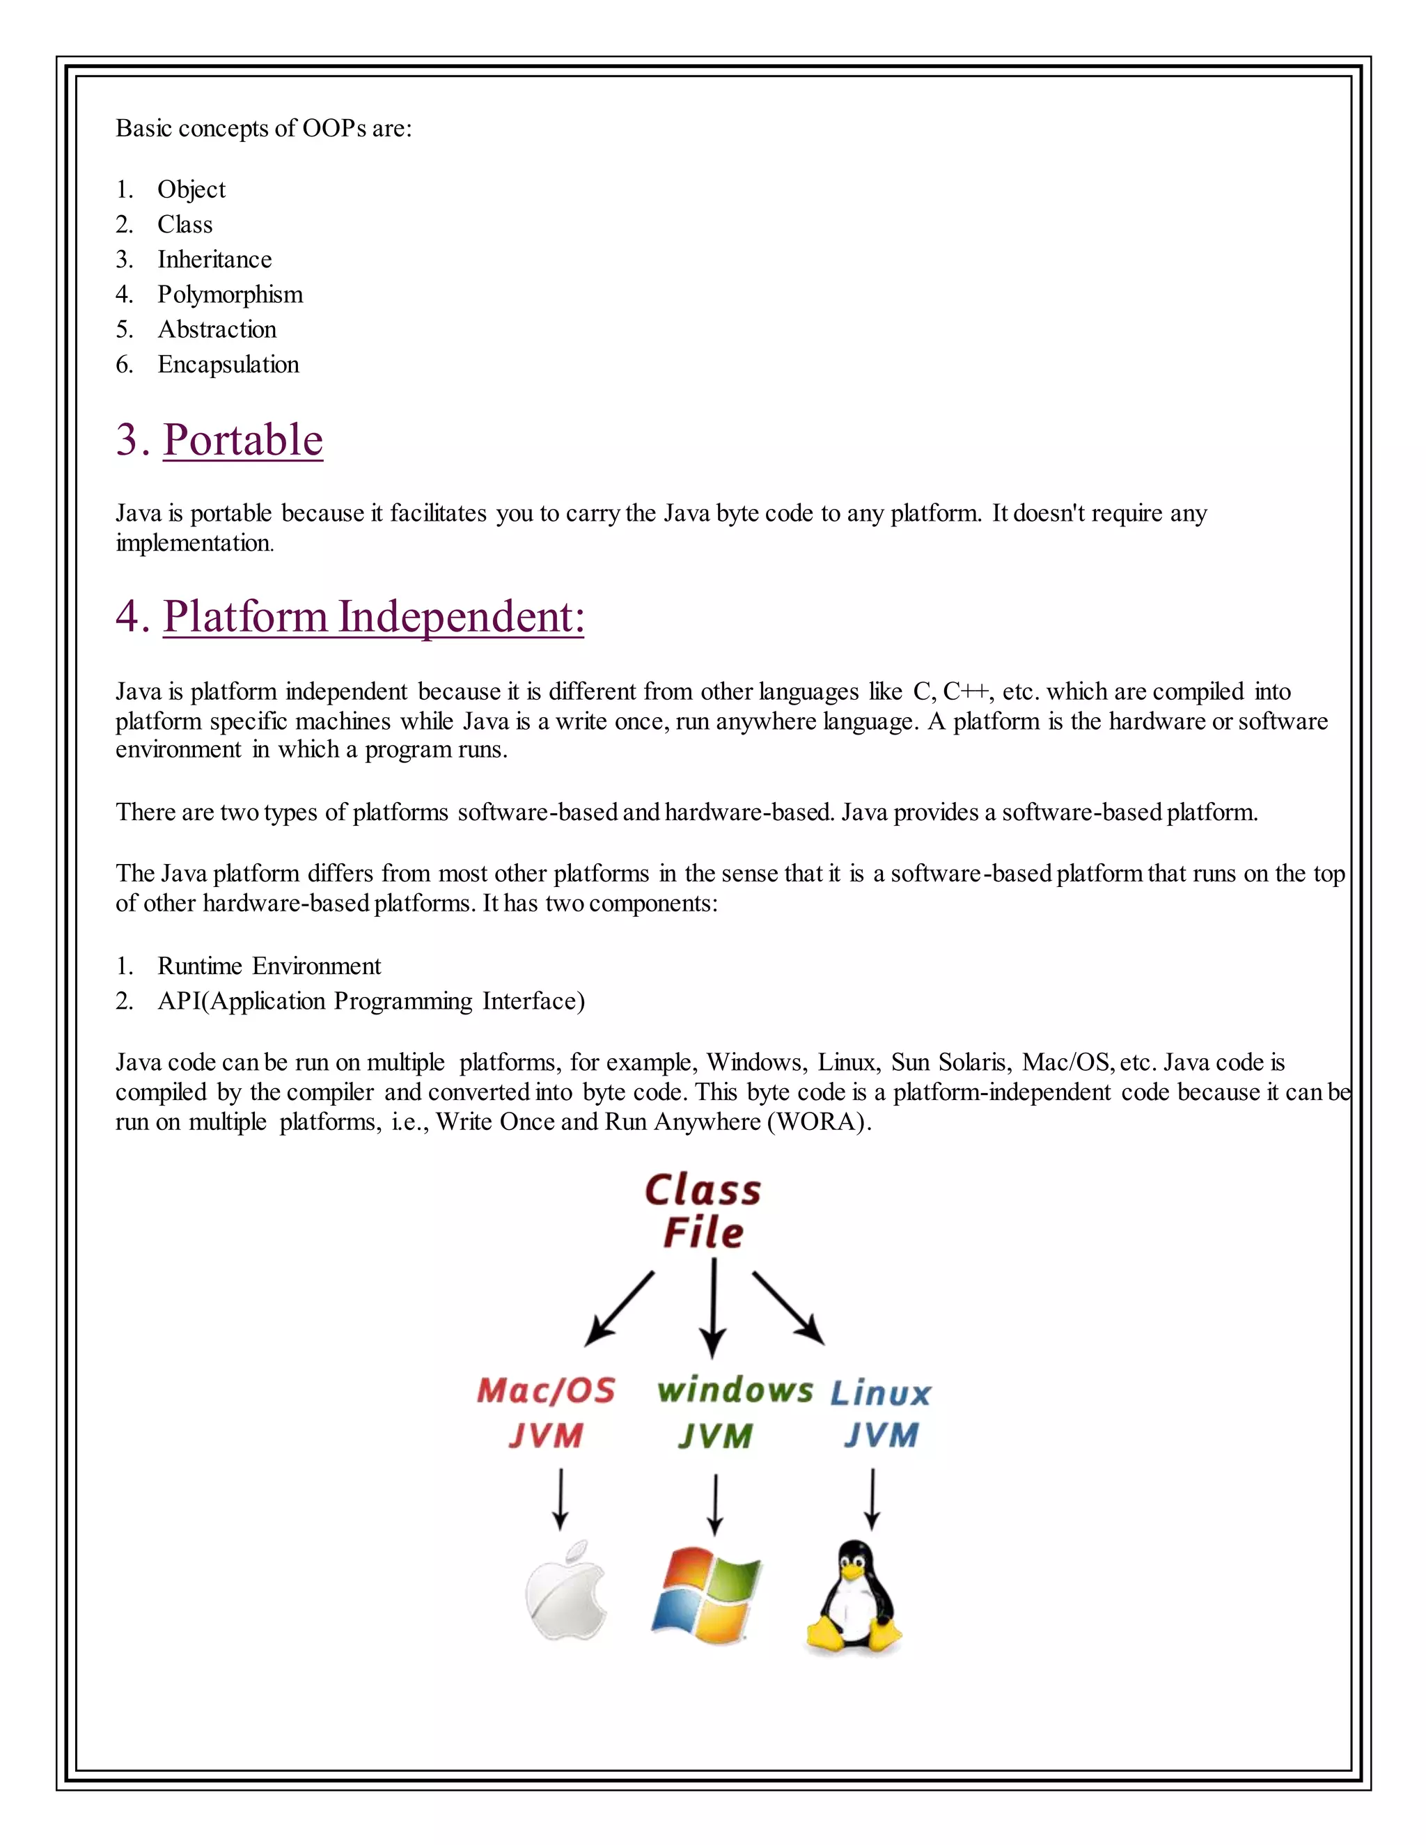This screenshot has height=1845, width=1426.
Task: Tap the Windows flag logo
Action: pyautogui.click(x=706, y=1595)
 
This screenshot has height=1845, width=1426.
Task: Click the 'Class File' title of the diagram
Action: pyautogui.click(x=703, y=1211)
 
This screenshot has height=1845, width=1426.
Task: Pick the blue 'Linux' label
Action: pyautogui.click(x=880, y=1393)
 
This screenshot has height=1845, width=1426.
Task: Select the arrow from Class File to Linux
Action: pyautogui.click(x=788, y=1308)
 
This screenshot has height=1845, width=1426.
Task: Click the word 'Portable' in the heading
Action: pyautogui.click(x=242, y=440)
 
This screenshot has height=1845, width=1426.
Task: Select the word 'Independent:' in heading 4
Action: pyautogui.click(x=461, y=617)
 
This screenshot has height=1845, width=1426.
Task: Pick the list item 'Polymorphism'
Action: pyautogui.click(x=230, y=295)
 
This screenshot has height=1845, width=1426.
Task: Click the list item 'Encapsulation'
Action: pyautogui.click(x=228, y=365)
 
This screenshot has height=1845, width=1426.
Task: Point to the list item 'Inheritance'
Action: pyautogui.click(x=214, y=260)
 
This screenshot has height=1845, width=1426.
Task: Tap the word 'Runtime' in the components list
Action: pyautogui.click(x=199, y=966)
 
